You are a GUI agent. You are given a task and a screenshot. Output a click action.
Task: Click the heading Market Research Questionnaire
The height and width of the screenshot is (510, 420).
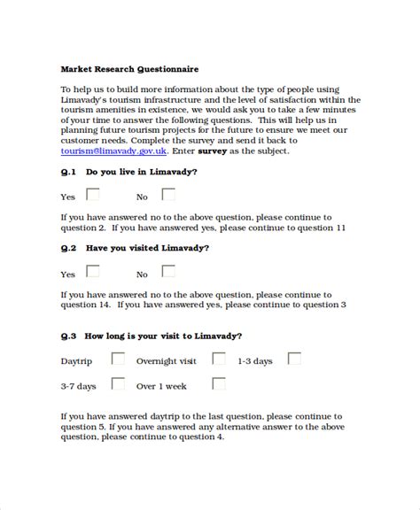point(129,68)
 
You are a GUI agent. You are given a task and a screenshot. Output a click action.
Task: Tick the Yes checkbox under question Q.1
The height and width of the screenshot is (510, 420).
point(93,195)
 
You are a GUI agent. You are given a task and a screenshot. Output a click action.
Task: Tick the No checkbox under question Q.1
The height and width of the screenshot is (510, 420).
point(167,195)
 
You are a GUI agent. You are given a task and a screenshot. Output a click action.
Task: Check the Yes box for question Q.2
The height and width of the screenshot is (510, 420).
point(93,272)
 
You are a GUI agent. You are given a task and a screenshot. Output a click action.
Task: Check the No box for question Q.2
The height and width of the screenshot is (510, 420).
point(167,272)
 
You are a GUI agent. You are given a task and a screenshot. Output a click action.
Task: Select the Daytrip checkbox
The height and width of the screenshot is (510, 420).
point(117,359)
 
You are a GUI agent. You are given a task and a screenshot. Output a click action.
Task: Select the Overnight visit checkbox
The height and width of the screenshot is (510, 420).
point(218,359)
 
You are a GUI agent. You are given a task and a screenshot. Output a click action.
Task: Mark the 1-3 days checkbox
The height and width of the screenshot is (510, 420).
point(294,359)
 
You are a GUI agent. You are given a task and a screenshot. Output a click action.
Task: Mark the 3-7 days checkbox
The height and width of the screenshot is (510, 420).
point(117,384)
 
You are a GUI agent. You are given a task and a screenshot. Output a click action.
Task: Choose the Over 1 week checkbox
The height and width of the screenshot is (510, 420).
point(218,384)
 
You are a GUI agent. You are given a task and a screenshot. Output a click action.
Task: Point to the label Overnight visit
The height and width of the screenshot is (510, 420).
point(166,362)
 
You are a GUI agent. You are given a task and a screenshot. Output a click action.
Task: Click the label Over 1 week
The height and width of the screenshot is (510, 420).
point(162,387)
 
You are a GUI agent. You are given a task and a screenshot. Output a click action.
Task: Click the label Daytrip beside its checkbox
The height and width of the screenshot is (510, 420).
point(77,362)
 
